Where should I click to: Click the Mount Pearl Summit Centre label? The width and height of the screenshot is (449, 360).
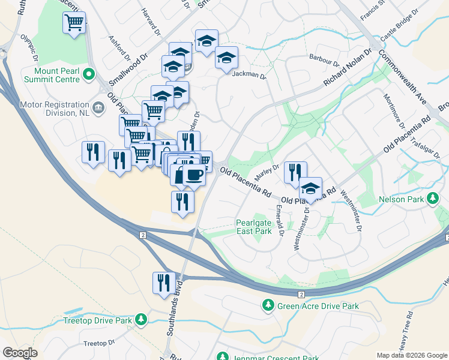coord(53,74)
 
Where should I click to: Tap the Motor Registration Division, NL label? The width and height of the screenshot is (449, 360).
coord(55,107)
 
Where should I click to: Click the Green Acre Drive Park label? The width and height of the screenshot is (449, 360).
coord(318,306)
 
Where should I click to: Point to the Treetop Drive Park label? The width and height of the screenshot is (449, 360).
coord(97,320)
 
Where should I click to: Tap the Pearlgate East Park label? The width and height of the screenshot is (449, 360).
coord(255,226)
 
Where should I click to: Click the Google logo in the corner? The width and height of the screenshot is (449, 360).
coord(20,352)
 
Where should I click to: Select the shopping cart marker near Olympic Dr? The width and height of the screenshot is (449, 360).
coord(74,23)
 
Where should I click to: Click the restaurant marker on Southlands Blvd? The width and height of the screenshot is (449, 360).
coord(164,282)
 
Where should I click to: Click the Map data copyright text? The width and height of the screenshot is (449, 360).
coord(411,355)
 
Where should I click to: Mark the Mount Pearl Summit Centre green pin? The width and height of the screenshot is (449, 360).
coord(89,75)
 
